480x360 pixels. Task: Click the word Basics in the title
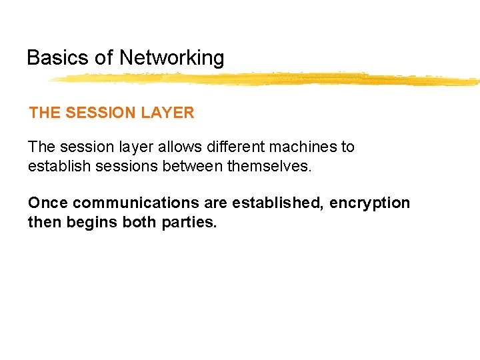(58, 58)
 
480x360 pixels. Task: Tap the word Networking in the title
(172, 58)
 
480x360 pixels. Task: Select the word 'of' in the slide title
(104, 58)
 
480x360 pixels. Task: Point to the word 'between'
(192, 165)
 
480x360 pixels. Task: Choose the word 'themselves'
(269, 165)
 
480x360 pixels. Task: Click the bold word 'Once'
(48, 203)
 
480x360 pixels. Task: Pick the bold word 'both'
(139, 222)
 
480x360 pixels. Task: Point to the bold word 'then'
(45, 222)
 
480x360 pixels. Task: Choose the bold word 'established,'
(279, 203)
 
